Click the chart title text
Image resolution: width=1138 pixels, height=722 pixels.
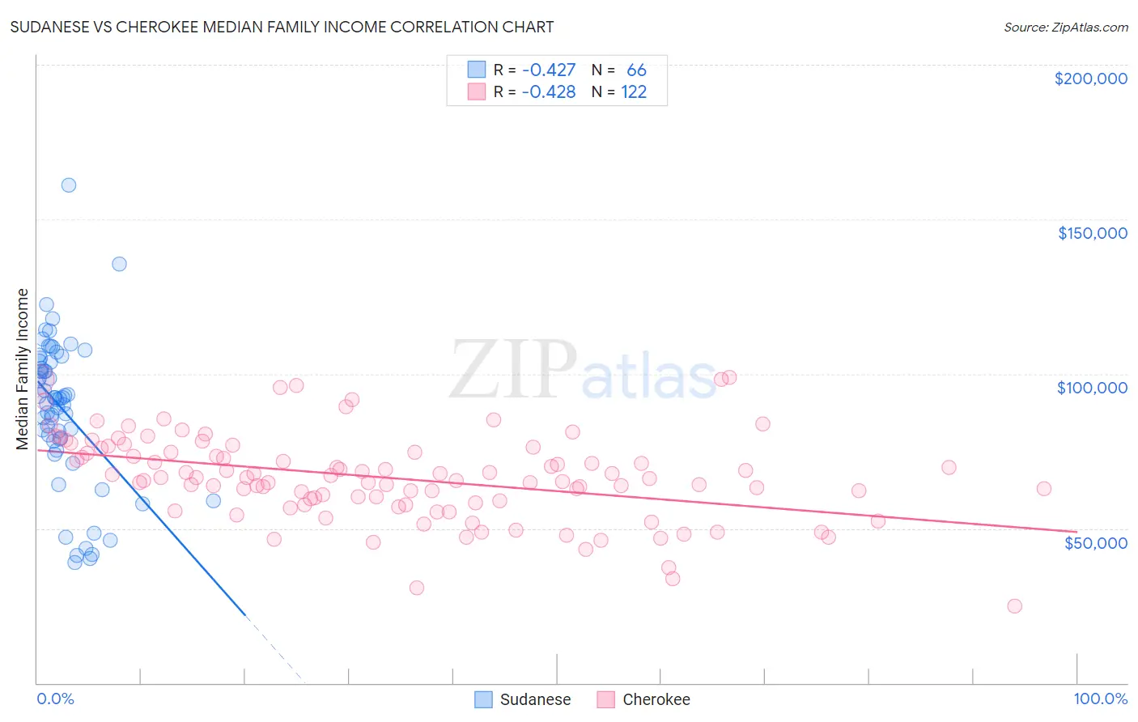click(282, 27)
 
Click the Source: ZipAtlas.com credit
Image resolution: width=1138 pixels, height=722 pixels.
click(1065, 28)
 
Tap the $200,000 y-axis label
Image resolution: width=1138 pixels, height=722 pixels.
click(1090, 79)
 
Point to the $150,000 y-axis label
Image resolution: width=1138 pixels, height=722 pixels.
click(1092, 233)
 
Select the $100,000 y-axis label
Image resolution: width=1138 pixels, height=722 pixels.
click(1092, 388)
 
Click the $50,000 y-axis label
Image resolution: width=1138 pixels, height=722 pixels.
click(1095, 542)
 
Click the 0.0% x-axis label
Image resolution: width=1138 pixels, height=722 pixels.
click(55, 699)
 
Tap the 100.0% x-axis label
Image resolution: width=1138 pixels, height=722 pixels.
click(1100, 699)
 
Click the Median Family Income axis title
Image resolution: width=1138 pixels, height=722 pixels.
click(23, 368)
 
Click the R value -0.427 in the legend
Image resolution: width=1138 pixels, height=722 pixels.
click(549, 70)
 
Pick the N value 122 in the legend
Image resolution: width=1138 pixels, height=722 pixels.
click(634, 92)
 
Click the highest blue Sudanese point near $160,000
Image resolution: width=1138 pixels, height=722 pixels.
click(69, 185)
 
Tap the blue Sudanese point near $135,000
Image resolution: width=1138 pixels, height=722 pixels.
click(119, 264)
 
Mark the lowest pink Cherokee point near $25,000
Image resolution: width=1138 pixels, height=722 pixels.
click(1014, 606)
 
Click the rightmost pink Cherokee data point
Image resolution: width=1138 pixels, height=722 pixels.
click(1044, 489)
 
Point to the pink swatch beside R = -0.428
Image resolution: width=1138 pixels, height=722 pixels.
click(477, 92)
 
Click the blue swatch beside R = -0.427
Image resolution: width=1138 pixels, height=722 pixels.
click(477, 70)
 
